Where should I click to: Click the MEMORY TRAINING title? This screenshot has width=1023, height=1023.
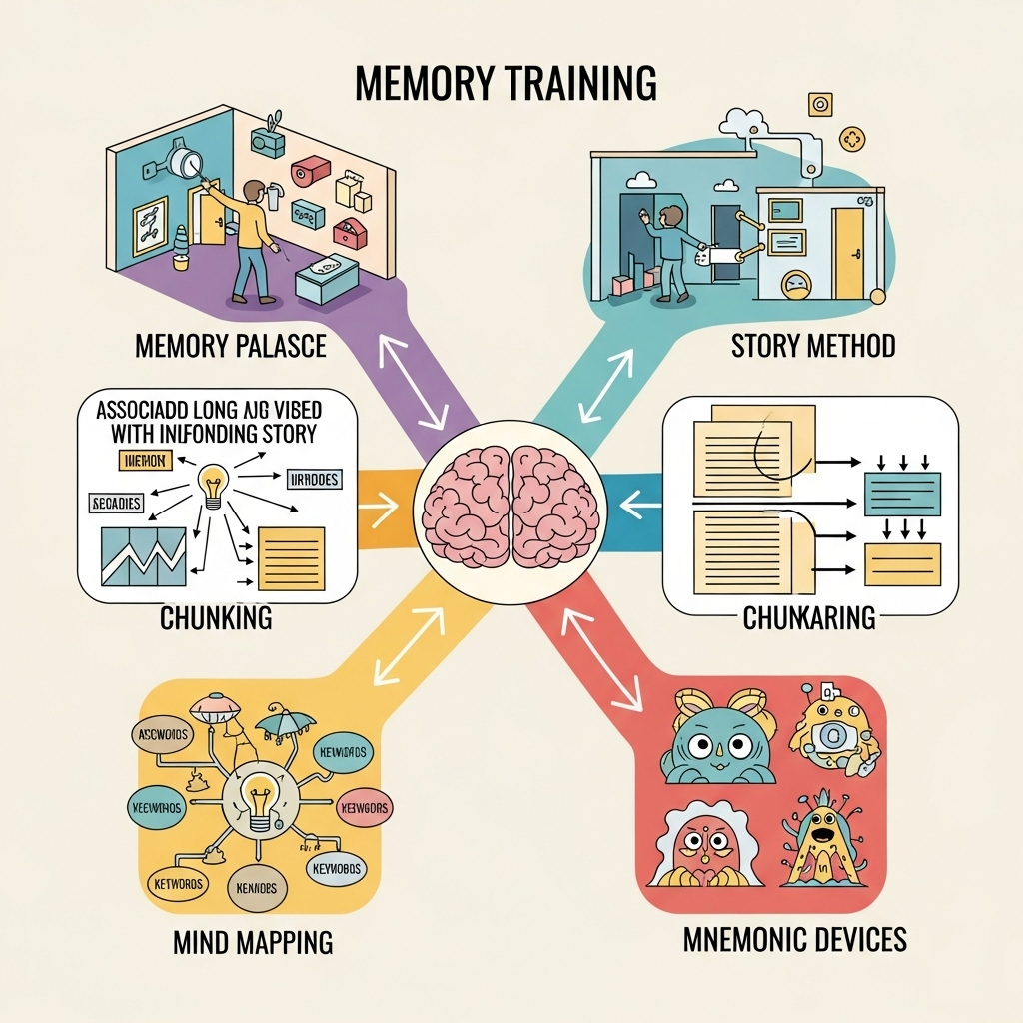tap(507, 84)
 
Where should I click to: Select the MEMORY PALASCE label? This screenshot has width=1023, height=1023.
tap(230, 347)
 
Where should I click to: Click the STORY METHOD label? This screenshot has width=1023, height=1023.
tap(812, 347)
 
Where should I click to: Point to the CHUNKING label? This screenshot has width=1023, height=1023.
tap(216, 618)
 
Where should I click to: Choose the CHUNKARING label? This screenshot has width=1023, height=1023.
tap(809, 619)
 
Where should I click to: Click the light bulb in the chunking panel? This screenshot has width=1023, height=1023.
tap(215, 487)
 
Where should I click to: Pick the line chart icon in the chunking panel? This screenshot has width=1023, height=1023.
tap(143, 555)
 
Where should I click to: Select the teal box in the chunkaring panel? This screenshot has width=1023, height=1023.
tap(902, 494)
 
